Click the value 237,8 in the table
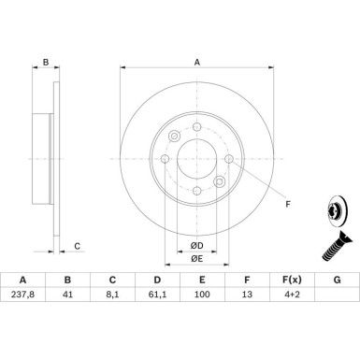tap(22, 295)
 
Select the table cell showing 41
tap(67, 295)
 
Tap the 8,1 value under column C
tap(112, 295)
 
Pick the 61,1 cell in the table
tap(157, 295)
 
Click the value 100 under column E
tap(202, 295)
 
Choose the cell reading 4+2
tap(292, 295)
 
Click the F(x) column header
tap(292, 280)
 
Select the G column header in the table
tap(337, 280)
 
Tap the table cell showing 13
tap(247, 295)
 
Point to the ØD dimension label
tap(196, 246)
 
